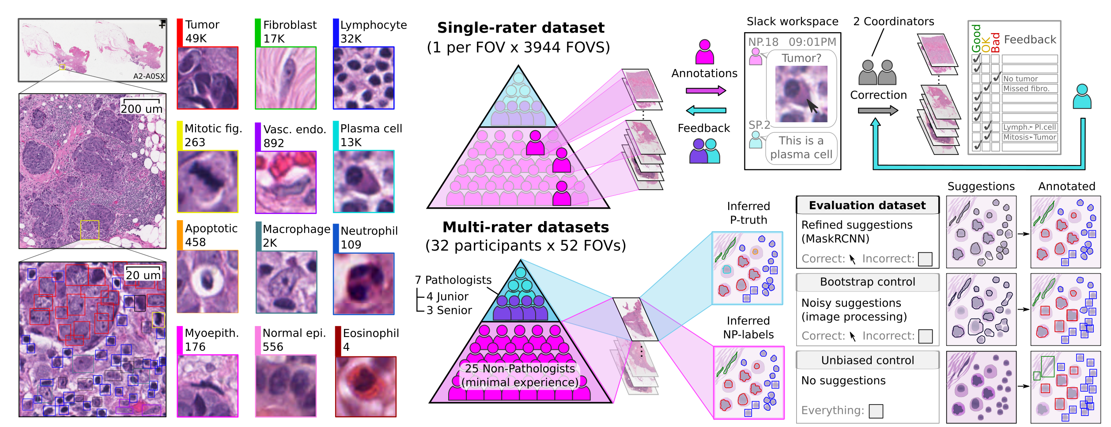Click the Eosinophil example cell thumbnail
tap(366, 387)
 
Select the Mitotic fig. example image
tap(208, 181)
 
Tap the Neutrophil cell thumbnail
tap(363, 284)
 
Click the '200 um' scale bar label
tap(142, 109)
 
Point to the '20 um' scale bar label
tap(143, 275)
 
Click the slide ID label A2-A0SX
tap(149, 76)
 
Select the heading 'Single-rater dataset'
tap(521, 28)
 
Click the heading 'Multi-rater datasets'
tap(525, 227)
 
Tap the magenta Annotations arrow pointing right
tap(706, 91)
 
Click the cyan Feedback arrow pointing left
tap(706, 110)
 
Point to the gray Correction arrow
tap(877, 110)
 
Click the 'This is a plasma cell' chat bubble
tap(801, 148)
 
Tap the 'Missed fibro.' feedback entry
tap(1026, 88)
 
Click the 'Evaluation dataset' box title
tap(867, 205)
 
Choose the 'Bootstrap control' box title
tap(867, 282)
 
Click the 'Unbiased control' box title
tap(867, 360)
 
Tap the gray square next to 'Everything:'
tap(876, 411)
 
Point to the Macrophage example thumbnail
tap(286, 282)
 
